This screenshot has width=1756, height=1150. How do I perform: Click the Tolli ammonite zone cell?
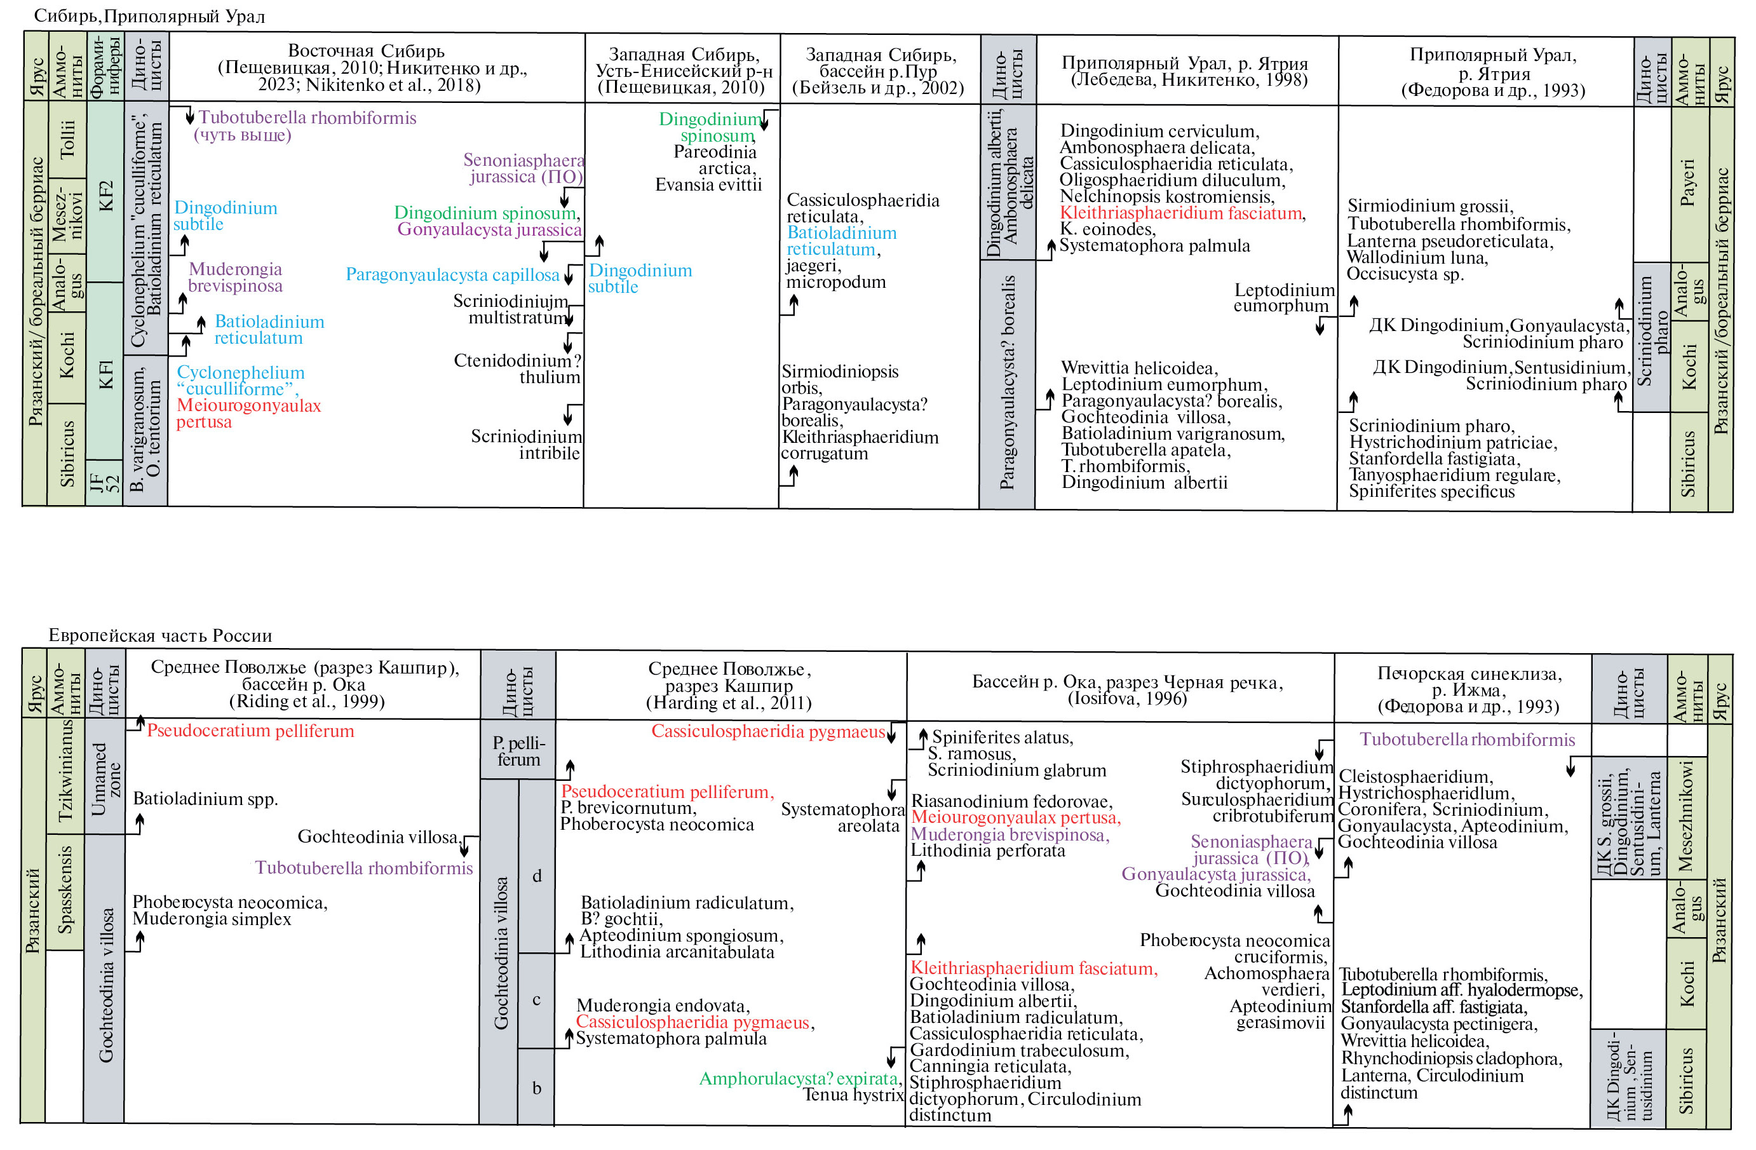coord(67,139)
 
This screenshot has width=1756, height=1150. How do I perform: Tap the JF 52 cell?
coord(104,483)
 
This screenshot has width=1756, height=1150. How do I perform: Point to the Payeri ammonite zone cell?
coord(1688,183)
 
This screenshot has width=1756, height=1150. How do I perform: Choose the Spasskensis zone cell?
coord(65,891)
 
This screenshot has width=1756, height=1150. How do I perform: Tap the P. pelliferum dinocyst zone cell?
coord(518,750)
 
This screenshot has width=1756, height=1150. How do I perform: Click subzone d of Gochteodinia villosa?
coord(536,876)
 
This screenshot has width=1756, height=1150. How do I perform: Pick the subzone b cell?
coord(536,1087)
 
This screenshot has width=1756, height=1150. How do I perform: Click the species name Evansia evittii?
coord(708,185)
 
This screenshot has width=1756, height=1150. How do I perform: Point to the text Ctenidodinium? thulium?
coord(518,369)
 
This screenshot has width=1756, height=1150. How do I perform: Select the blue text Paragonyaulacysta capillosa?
coord(452,275)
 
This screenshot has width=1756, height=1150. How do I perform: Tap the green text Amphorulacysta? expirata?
coord(800,1078)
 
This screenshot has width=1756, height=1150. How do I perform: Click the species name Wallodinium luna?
coord(1417,257)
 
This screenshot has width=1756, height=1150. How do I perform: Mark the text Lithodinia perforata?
coord(987,851)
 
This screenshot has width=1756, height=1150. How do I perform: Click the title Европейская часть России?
coord(160,635)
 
